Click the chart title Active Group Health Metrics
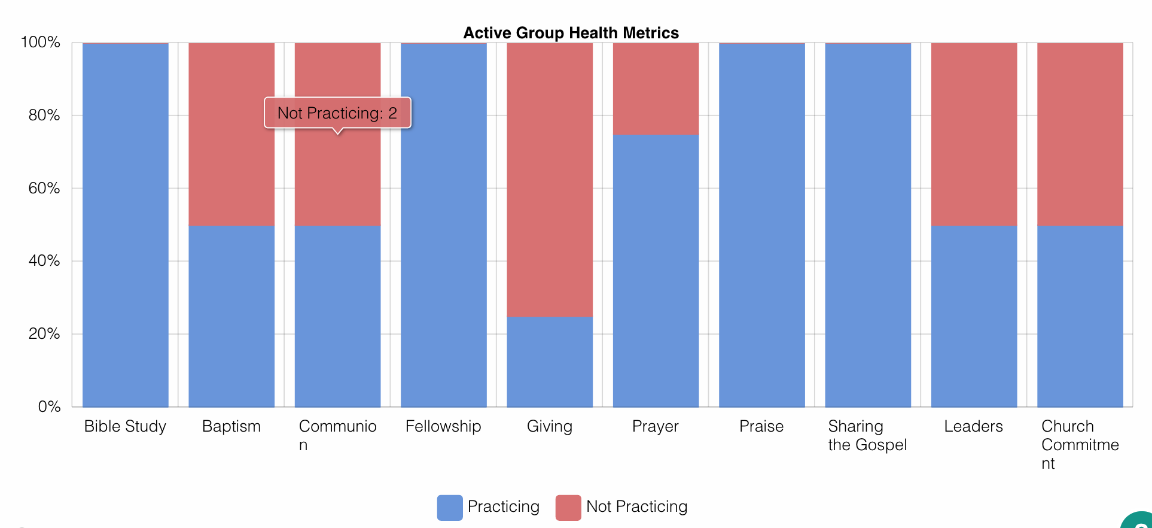pyautogui.click(x=571, y=33)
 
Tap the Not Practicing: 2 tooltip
pyautogui.click(x=338, y=113)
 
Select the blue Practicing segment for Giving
pyautogui.click(x=550, y=362)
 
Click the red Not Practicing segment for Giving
pyautogui.click(x=550, y=180)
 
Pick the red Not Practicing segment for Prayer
pyautogui.click(x=656, y=89)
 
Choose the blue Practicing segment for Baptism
pyautogui.click(x=231, y=316)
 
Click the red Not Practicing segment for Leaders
pyautogui.click(x=974, y=134)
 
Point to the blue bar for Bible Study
pyautogui.click(x=126, y=226)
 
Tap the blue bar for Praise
pyautogui.click(x=762, y=226)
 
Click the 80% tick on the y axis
pyautogui.click(x=44, y=115)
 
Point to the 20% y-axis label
pyautogui.click(x=44, y=333)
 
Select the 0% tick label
pyautogui.click(x=49, y=406)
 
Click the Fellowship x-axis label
pyautogui.click(x=443, y=426)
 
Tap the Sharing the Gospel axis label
pyautogui.click(x=867, y=435)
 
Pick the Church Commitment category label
pyautogui.click(x=1080, y=445)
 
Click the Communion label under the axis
pyautogui.click(x=338, y=435)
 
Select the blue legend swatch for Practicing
pyautogui.click(x=450, y=508)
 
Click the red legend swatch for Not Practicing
pyautogui.click(x=568, y=508)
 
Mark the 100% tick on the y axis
pyautogui.click(x=41, y=42)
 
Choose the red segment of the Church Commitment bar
pyautogui.click(x=1080, y=134)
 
